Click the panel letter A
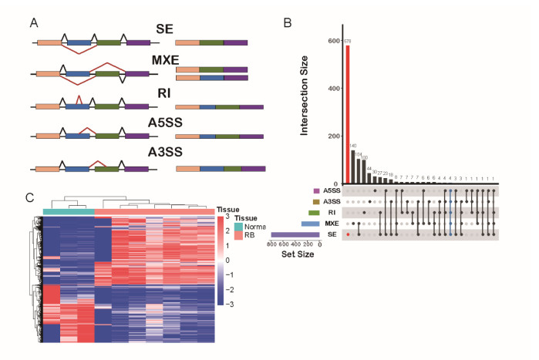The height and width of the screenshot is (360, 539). click(x=34, y=22)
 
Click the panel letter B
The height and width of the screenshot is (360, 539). click(x=287, y=22)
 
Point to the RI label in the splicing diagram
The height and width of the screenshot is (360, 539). click(x=163, y=93)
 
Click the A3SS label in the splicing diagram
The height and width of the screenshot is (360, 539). click(x=165, y=153)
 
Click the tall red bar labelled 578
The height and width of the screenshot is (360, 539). click(x=348, y=115)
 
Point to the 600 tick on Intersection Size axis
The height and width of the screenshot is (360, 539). click(x=332, y=40)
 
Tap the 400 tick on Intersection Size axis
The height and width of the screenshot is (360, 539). click(x=332, y=88)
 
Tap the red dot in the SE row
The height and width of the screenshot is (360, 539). click(x=348, y=234)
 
